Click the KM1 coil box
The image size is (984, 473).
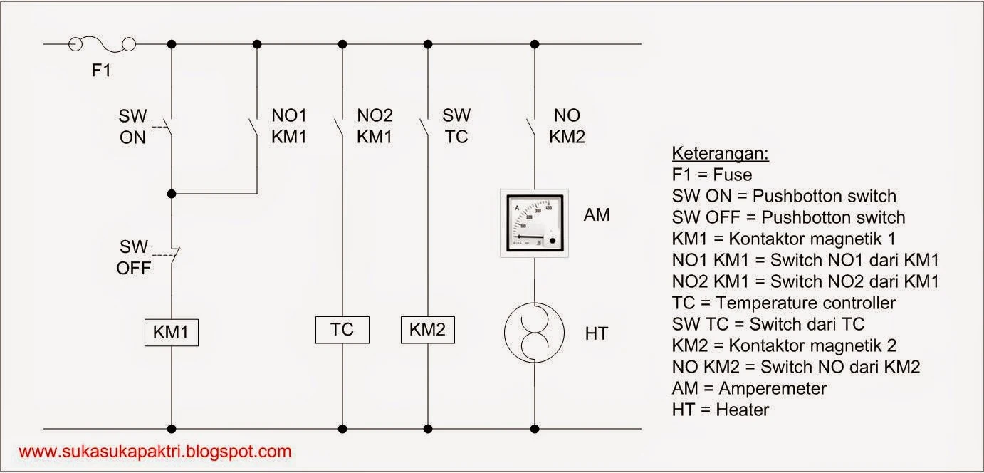pyautogui.click(x=172, y=332)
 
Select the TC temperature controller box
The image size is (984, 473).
pyautogui.click(x=342, y=329)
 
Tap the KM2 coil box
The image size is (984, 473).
pyautogui.click(x=427, y=329)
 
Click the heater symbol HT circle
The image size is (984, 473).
pyautogui.click(x=534, y=333)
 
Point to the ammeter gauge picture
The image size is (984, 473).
pyautogui.click(x=534, y=222)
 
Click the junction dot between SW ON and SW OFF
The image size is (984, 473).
pyautogui.click(x=172, y=193)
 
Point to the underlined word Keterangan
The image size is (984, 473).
pyautogui.click(x=720, y=154)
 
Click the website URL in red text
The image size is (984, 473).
pyautogui.click(x=155, y=451)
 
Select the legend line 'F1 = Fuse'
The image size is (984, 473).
pyautogui.click(x=711, y=175)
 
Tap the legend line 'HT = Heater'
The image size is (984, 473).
pyautogui.click(x=720, y=410)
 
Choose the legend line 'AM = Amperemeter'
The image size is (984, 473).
pyautogui.click(x=749, y=388)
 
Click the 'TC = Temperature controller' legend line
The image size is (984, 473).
pyautogui.click(x=783, y=303)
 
